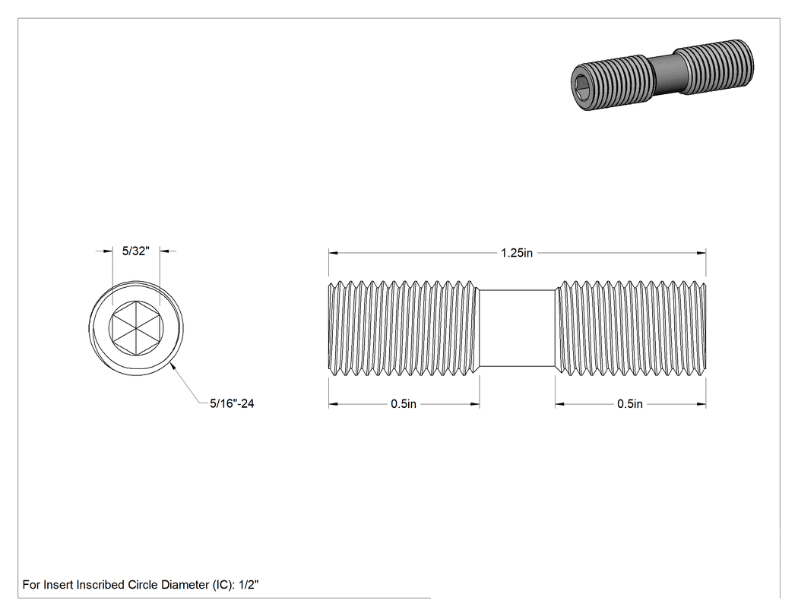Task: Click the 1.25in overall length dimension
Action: [x=517, y=253]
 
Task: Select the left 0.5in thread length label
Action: [x=404, y=404]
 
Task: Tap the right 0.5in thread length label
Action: [x=630, y=404]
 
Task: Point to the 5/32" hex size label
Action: [x=136, y=251]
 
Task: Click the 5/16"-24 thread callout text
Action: [x=232, y=403]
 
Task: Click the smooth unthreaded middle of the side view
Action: [x=517, y=328]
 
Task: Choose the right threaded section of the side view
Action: [x=631, y=329]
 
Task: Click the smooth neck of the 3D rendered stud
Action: [x=665, y=74]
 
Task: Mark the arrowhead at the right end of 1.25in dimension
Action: [x=701, y=253]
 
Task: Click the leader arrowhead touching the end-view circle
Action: [x=174, y=366]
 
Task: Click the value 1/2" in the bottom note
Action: [x=249, y=585]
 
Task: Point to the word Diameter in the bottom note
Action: [x=185, y=585]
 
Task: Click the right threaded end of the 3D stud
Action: [x=716, y=67]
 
